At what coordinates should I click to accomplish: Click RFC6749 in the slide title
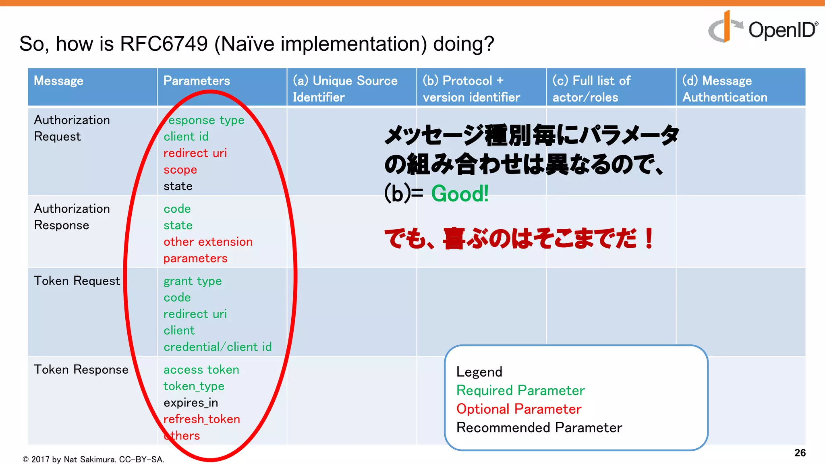tap(164, 43)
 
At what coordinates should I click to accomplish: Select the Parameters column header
tap(197, 81)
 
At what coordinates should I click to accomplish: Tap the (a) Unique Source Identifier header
tap(345, 89)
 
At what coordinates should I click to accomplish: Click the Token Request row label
tap(77, 281)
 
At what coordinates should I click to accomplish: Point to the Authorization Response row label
tap(72, 217)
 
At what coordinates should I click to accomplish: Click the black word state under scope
tap(178, 186)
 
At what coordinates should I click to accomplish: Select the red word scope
tap(180, 170)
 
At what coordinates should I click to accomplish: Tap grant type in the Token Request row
tap(193, 281)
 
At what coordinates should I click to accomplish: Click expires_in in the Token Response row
tap(191, 402)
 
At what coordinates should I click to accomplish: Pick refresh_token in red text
tap(201, 419)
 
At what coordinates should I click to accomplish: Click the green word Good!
tap(460, 194)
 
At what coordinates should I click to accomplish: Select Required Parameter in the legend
tap(520, 390)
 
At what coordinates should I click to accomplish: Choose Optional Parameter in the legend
tap(519, 409)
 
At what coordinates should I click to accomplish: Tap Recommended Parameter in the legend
tap(539, 427)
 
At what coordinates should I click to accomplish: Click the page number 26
tap(800, 453)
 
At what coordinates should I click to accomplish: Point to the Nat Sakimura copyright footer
tap(93, 459)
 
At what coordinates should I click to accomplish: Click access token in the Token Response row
tap(201, 369)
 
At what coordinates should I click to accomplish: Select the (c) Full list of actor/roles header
tap(591, 89)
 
